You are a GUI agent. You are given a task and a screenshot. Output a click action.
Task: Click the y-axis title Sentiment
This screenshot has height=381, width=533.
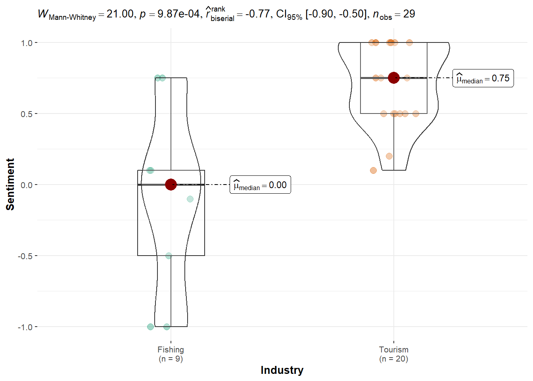point(10,185)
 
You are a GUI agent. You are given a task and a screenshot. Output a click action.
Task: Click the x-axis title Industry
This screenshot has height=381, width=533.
point(282,370)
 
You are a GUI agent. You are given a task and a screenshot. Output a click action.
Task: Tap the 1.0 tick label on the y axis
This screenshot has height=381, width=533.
point(27,43)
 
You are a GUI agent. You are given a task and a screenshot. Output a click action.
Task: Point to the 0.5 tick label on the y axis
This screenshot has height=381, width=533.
point(27,114)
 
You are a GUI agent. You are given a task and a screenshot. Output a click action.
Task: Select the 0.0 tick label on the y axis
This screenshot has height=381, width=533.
point(27,185)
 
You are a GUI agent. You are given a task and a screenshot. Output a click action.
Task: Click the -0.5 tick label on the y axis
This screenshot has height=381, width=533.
point(25,256)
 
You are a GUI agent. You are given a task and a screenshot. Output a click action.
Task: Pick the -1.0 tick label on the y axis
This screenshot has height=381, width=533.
point(25,327)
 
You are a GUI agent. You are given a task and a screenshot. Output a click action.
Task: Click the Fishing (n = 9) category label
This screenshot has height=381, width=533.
point(171,354)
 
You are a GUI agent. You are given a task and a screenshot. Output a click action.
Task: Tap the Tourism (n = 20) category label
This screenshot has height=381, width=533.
point(393,354)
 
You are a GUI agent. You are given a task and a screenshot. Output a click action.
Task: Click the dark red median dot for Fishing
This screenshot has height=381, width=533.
point(171,185)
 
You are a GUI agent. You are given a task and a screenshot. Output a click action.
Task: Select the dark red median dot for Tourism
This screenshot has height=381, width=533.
point(393,78)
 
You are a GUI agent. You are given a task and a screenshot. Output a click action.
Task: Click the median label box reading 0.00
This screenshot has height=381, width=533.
point(260,185)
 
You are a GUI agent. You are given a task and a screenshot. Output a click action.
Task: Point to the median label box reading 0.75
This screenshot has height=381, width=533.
point(483,78)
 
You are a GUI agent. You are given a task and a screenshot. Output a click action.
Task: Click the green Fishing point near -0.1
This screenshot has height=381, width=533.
point(190,199)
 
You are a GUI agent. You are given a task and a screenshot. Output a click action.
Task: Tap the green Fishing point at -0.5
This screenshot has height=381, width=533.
point(169,256)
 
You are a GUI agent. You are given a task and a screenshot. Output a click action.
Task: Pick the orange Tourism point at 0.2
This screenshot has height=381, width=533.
point(389,156)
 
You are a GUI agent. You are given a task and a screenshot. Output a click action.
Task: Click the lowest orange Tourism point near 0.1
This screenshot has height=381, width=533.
point(373,171)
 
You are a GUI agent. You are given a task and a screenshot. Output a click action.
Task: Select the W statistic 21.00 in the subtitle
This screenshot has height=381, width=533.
point(120,14)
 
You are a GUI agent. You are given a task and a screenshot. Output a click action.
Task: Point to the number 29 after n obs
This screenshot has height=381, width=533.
point(409,14)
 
